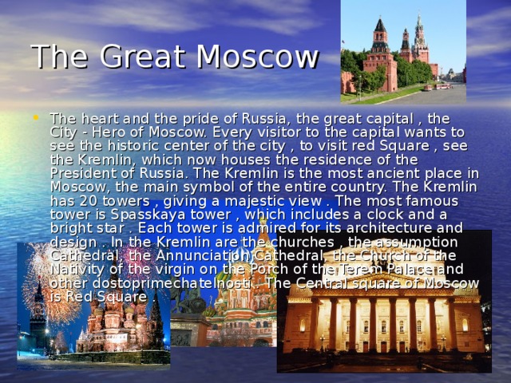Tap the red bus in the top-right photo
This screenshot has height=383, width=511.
point(442,85)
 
